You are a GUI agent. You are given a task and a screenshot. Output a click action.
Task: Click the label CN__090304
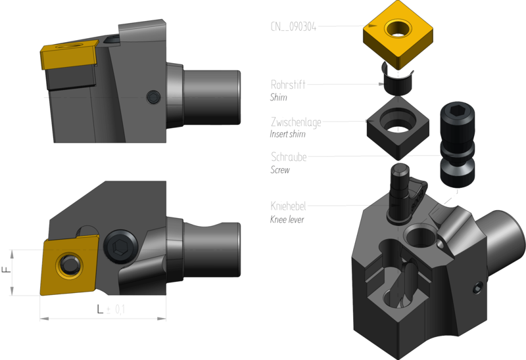pyautogui.click(x=293, y=26)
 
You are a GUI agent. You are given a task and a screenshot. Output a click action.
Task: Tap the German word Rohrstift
pyautogui.click(x=288, y=85)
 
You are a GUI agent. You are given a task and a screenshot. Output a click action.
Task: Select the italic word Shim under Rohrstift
pyautogui.click(x=278, y=97)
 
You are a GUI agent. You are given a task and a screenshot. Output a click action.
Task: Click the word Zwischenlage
pyautogui.click(x=296, y=122)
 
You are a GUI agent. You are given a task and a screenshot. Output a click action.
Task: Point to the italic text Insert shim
pyautogui.click(x=287, y=134)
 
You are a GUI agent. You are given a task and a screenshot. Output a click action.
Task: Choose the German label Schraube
pyautogui.click(x=289, y=156)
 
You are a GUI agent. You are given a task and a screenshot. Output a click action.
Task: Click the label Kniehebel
pyautogui.click(x=288, y=206)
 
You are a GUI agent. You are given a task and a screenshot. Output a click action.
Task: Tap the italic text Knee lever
pyautogui.click(x=287, y=219)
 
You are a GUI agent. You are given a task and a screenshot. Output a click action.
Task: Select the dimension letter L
pyautogui.click(x=100, y=309)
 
